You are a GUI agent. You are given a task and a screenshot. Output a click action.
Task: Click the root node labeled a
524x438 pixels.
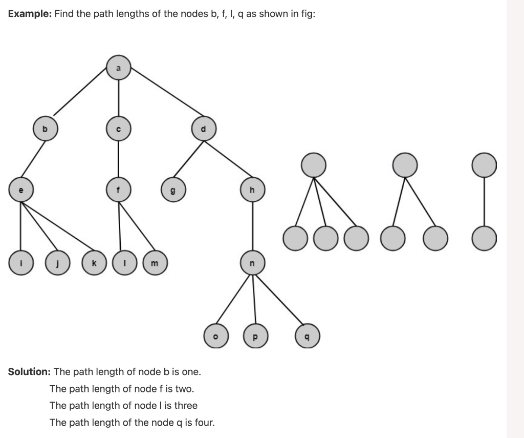(x=119, y=68)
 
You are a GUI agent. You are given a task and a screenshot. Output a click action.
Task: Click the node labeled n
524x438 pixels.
(x=252, y=262)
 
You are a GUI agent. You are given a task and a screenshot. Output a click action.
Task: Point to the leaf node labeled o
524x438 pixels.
(x=215, y=337)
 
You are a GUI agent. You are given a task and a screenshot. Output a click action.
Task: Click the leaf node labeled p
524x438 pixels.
(x=255, y=337)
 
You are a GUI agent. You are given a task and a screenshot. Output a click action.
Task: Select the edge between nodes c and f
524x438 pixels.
(x=119, y=159)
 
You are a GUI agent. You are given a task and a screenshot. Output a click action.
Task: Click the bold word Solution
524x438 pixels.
(x=29, y=371)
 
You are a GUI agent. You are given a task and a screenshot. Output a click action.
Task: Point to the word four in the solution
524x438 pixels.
(x=204, y=423)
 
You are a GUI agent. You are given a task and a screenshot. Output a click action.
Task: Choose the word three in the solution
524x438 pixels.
(x=186, y=405)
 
